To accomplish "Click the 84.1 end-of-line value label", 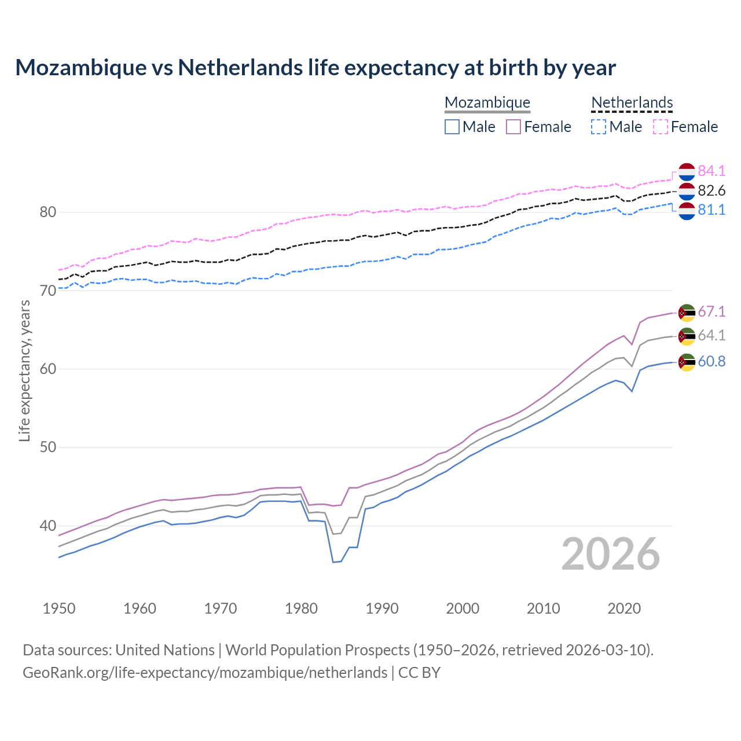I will click(711, 171).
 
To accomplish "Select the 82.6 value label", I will click(711, 190).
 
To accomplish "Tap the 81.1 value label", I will click(711, 210).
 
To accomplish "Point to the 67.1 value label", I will click(711, 311).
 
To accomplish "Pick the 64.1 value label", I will click(711, 335).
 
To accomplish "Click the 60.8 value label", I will click(711, 361).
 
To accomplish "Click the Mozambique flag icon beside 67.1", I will click(687, 313).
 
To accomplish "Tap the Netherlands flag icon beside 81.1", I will click(687, 211).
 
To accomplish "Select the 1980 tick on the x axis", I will click(302, 608).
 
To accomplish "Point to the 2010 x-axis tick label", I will click(543, 608).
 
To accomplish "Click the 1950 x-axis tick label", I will click(59, 608).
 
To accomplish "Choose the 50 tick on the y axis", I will click(47, 447).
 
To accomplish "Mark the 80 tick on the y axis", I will click(47, 212).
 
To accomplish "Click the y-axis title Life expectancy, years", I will click(24, 370).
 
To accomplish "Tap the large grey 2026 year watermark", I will click(610, 554).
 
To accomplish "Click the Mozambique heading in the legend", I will click(487, 102).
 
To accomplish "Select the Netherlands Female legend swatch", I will click(661, 127).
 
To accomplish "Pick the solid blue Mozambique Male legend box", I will click(452, 127).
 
